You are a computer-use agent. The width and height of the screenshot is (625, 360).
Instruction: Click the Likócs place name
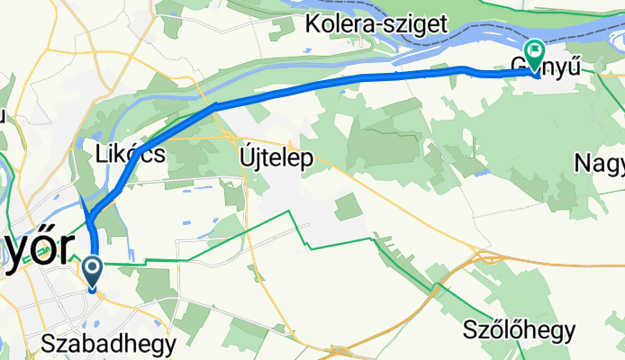pos(130,154)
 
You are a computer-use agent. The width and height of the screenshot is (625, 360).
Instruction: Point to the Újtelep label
pos(276,158)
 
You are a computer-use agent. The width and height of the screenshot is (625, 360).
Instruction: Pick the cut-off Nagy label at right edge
pos(601,162)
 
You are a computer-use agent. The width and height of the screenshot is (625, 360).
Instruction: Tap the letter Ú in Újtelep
pos(247,157)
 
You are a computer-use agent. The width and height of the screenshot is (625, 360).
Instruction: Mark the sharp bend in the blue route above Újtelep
pos(216,105)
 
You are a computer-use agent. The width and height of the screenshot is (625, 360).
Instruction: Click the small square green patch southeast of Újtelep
pos(348,206)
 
